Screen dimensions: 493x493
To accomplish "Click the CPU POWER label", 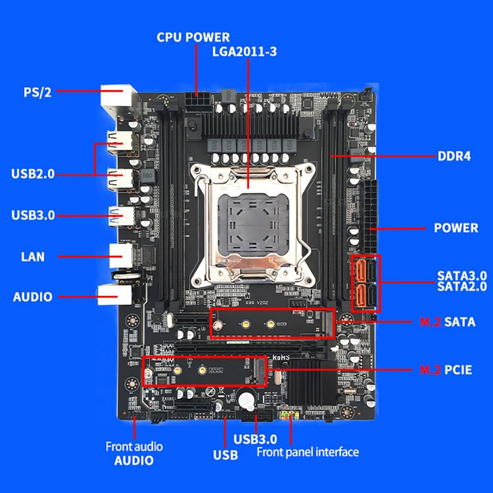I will click(193, 37).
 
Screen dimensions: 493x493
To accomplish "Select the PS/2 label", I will click(38, 92).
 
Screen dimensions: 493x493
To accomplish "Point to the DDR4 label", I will click(454, 157).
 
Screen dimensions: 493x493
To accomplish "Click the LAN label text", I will click(33, 256).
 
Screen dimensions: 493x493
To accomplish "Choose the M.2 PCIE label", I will click(446, 369).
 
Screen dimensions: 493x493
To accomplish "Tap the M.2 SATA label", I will click(447, 322).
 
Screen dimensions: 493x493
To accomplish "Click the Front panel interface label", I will click(308, 452).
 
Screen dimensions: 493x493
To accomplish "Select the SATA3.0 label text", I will click(462, 275).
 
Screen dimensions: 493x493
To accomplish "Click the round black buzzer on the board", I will click(246, 399).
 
